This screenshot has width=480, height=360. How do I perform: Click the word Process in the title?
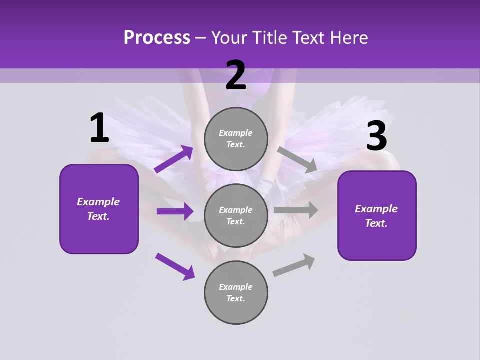point(157,37)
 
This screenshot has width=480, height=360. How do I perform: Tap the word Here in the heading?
point(349,37)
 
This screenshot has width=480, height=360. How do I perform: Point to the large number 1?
point(99,129)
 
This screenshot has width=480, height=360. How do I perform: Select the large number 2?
point(236,76)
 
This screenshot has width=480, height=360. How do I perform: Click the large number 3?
point(377,137)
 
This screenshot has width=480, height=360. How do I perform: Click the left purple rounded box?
point(99,209)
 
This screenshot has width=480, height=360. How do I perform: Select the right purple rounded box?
point(377,215)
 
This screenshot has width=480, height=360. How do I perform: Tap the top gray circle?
point(236,139)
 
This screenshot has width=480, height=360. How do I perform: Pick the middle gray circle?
point(236,215)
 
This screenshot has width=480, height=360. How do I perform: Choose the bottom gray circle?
point(236,292)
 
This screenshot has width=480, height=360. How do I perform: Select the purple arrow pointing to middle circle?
point(175,211)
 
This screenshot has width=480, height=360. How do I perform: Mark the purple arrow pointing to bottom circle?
point(175,266)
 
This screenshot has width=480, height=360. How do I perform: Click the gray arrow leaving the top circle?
point(297,159)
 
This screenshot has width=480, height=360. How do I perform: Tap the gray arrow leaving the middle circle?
point(296,210)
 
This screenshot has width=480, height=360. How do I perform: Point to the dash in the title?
point(201,38)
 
